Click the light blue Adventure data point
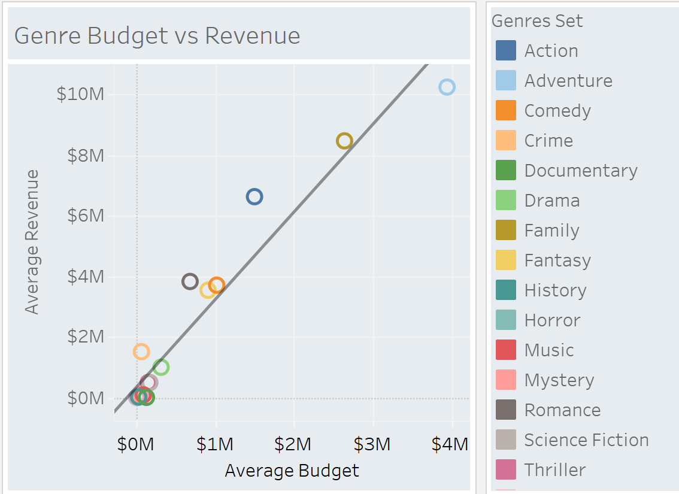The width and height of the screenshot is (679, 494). coord(447,87)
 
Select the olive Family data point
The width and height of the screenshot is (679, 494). coord(344,141)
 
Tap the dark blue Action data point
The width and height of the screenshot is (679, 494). coord(254,196)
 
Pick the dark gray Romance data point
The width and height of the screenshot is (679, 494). coord(190,281)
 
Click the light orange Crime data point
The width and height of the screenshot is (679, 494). coord(141,351)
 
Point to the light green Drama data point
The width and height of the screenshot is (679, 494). coord(161,367)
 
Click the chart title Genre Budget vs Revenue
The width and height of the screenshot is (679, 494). coord(157,36)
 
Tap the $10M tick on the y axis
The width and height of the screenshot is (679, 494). coord(80,95)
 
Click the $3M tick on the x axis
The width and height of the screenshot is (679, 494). coord(373,444)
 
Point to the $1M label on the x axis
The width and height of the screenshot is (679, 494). coord(216,444)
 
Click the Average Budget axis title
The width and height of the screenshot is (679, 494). coord(292,471)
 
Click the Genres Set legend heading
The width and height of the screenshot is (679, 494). coord(537,21)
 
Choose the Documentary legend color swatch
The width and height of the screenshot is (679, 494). coord(506,170)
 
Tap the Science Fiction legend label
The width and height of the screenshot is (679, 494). coord(586,440)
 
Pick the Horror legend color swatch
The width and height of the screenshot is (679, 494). coord(506,320)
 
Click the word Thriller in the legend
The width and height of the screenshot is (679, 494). coord(554,470)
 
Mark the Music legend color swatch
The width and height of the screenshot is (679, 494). coord(506,350)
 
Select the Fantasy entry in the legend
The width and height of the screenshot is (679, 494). coord(557,260)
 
